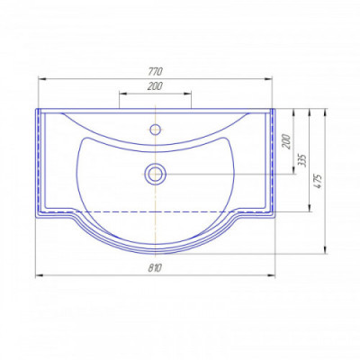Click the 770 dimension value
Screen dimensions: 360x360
coord(156,72)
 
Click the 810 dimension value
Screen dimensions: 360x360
coord(155,267)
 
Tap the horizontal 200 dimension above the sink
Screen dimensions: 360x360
coord(155,86)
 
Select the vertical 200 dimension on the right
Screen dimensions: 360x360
coord(287,141)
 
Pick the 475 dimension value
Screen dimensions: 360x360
coord(319,181)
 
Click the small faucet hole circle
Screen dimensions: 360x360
coord(155,130)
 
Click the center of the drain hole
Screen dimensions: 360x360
coord(155,174)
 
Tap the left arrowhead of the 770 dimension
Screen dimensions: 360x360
coord(41,78)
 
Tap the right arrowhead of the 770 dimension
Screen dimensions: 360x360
coord(268,78)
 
